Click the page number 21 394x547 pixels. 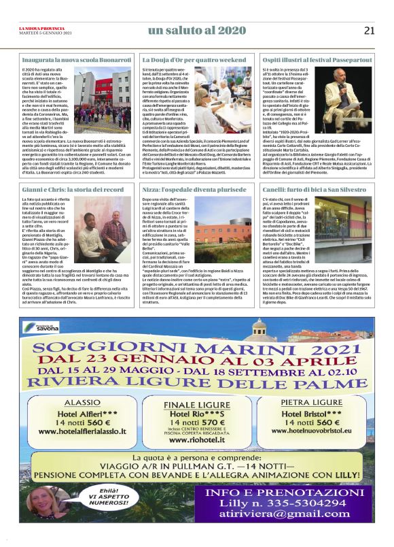coord(369,30)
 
